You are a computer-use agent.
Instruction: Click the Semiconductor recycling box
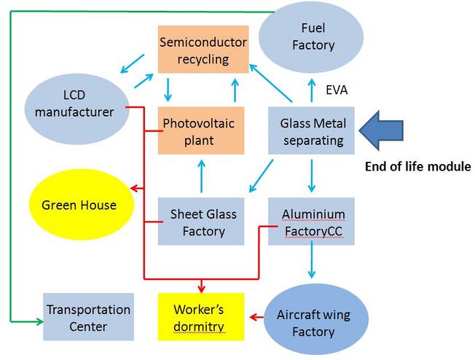(203, 50)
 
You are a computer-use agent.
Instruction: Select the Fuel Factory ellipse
(311, 37)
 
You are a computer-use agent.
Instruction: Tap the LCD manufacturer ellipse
(76, 109)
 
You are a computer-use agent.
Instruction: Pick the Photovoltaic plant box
(201, 130)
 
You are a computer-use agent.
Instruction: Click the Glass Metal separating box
(311, 130)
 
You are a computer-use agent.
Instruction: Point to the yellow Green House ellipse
(81, 205)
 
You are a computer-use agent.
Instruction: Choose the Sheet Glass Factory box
(201, 222)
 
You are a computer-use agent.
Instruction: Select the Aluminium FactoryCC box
(311, 222)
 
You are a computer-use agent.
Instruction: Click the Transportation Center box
(88, 317)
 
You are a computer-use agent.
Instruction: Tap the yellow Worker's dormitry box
(201, 317)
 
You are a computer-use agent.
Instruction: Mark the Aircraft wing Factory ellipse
(316, 319)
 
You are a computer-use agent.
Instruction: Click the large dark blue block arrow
(381, 130)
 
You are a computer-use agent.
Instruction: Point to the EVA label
(337, 90)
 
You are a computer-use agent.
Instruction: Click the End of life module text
(418, 166)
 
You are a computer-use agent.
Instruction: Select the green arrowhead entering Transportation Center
(39, 321)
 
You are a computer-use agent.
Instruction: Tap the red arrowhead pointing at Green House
(134, 189)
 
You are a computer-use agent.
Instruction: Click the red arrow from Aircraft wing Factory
(256, 317)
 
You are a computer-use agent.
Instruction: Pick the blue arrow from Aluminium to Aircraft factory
(311, 262)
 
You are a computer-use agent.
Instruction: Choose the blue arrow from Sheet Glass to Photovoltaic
(202, 176)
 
